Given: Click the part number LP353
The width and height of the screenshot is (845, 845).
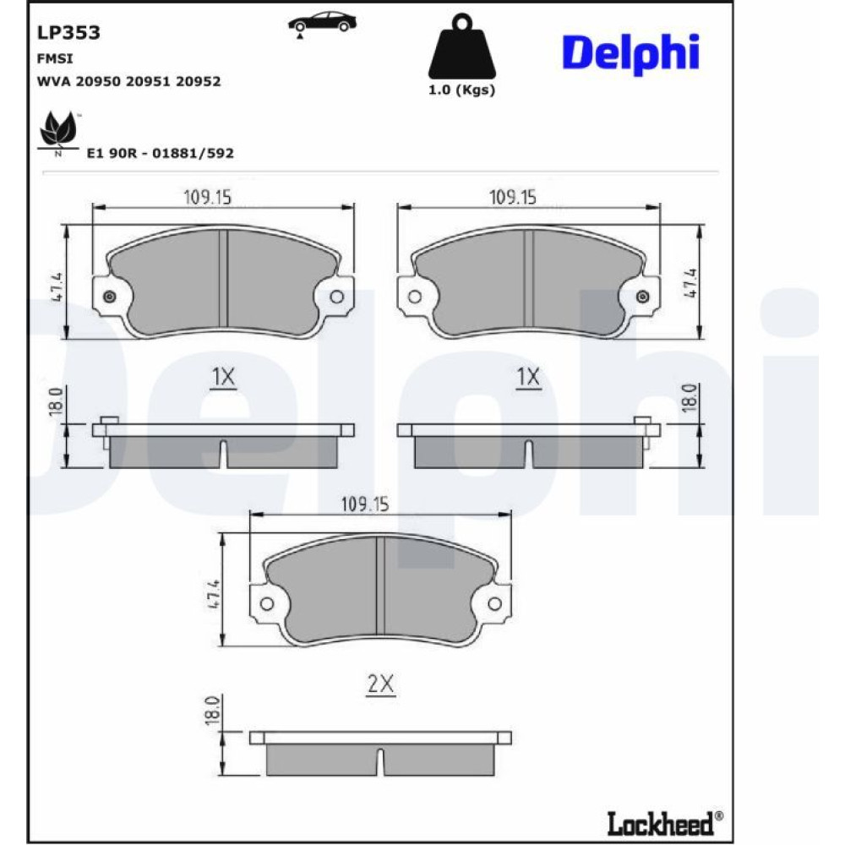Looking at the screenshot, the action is pos(68,33).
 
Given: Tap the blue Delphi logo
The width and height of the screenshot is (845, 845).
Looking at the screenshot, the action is pos(630,53).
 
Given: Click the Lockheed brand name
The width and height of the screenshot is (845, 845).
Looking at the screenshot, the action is pos(665,823).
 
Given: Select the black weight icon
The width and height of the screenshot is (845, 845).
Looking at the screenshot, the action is pos(462,46).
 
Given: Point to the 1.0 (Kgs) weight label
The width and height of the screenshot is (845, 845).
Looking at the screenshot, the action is pos(462,90).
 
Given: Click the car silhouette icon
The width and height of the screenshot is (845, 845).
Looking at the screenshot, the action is pos(322,23).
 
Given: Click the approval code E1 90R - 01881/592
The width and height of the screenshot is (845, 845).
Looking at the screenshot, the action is pos(161,153).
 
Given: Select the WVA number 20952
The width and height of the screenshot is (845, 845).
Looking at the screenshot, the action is pos(199,81).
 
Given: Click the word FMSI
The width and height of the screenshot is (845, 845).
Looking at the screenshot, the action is pos(55,58).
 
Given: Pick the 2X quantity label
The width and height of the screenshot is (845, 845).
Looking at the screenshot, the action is pos(380,684).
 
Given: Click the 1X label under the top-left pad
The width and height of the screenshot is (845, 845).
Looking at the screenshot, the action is pos(223,377).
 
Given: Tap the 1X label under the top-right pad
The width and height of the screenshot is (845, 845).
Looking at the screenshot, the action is pos(528,377).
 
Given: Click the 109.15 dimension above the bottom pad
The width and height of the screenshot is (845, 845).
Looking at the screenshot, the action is pos(365,504).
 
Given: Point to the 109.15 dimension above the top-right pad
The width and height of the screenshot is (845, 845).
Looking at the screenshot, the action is pos(513,197).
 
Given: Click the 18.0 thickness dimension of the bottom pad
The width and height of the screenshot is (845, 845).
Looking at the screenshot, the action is pos(212,710).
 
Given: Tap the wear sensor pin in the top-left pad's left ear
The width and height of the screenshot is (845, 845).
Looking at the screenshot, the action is pos(109,297).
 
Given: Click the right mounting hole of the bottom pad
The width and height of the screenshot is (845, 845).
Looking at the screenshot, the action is pos(494,603).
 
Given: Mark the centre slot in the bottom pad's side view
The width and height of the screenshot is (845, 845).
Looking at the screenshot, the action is pos(380,761).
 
